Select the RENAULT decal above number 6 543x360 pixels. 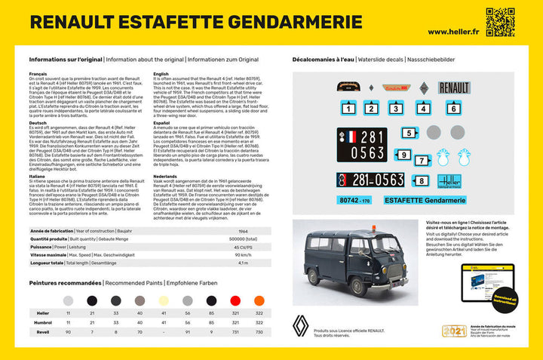[454, 89]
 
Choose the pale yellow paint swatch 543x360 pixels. [164, 300]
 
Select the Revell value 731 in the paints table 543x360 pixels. [236, 331]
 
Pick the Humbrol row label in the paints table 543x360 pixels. [43, 322]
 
